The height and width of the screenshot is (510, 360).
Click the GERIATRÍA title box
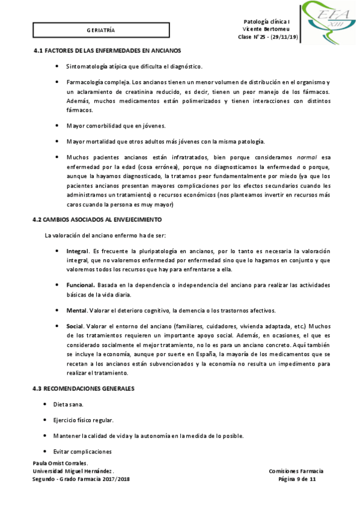[100, 29]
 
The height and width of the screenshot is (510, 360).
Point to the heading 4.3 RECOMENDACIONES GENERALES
[84, 372]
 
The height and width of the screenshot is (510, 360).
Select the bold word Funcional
[79, 284]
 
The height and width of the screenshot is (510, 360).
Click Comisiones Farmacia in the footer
[296, 471]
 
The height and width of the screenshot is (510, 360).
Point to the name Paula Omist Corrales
[60, 463]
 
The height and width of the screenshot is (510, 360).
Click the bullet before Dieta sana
[46, 388]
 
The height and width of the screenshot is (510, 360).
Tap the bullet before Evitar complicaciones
[46, 450]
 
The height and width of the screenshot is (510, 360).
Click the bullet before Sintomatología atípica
[57, 66]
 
